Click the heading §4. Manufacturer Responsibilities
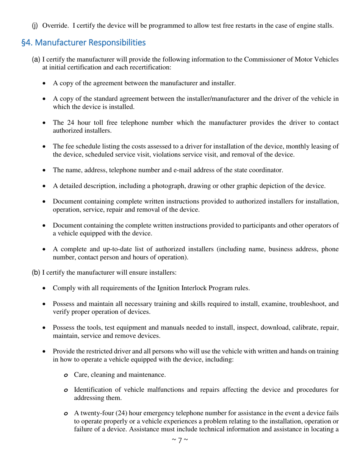click(83, 43)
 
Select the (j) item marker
click(34, 26)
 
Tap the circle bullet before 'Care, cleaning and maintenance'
click(66, 375)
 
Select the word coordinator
click(266, 170)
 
